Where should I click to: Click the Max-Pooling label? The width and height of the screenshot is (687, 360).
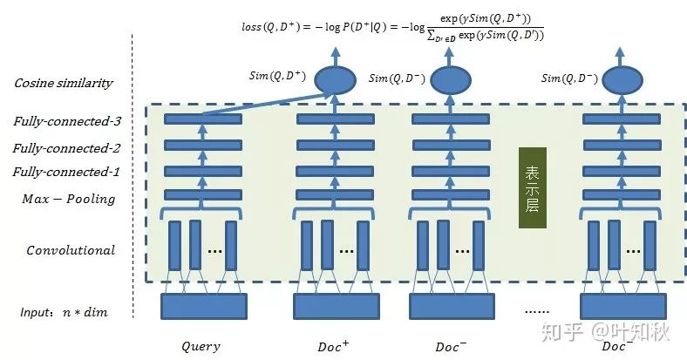coord(68,199)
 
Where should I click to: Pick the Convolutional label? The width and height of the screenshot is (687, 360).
coord(70,250)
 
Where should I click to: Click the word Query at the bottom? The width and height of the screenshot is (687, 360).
coord(201,346)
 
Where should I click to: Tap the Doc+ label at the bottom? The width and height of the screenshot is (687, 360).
coord(334,345)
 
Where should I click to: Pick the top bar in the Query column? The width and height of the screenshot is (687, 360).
coord(202,119)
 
